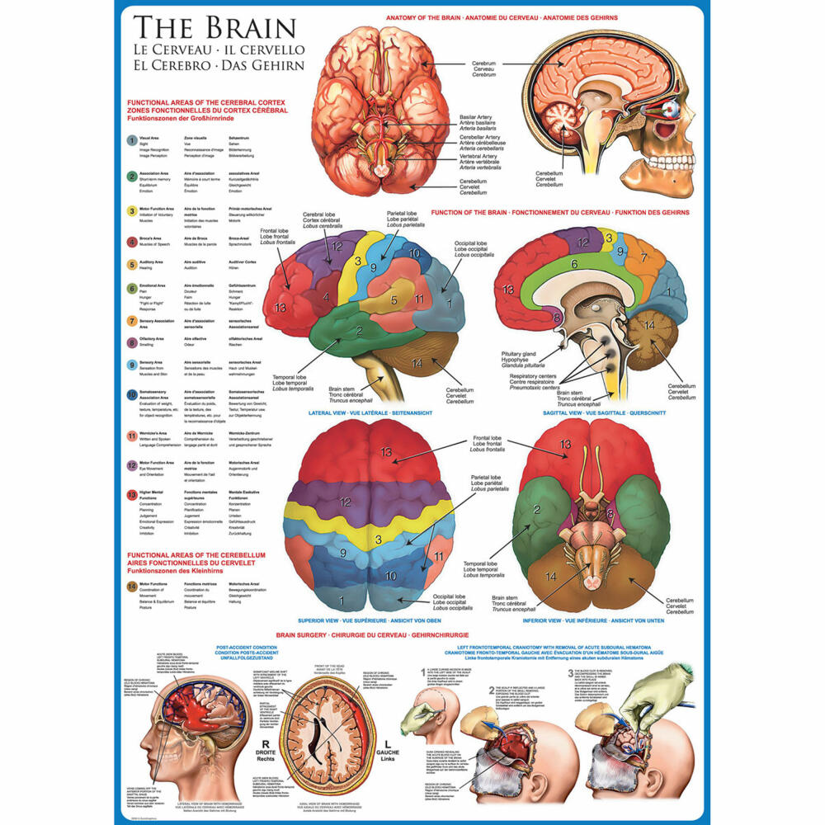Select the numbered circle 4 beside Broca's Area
pos(132,243)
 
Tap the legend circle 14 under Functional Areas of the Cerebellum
pos(132,586)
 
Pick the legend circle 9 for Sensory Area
pos(132,365)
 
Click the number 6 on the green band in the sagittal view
pos(574,264)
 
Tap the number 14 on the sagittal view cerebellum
pos(648,326)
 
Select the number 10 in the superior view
pos(391,575)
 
